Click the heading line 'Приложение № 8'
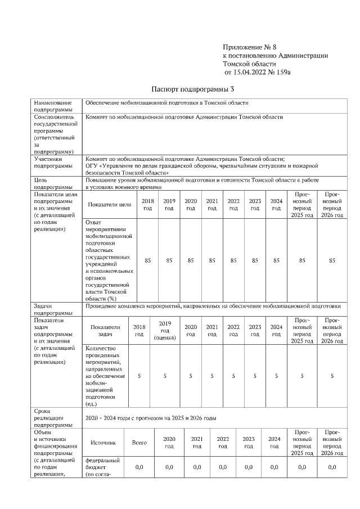click(x=250, y=46)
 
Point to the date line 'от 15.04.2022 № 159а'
click(x=257, y=73)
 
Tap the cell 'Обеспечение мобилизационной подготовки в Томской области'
click(x=166, y=103)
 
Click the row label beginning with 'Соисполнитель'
click(x=55, y=134)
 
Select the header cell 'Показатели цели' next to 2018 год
click(x=110, y=205)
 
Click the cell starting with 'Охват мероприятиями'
click(x=109, y=260)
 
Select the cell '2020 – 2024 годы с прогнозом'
click(x=151, y=419)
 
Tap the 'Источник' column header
click(x=103, y=443)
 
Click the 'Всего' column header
click(x=139, y=443)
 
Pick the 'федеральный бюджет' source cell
click(x=102, y=467)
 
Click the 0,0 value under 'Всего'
click(x=139, y=467)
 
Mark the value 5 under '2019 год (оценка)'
click(x=165, y=376)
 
